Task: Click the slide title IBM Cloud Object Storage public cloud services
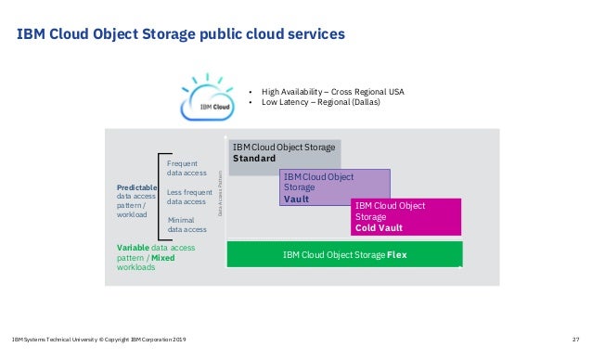pos(181,34)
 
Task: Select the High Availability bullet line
pos(332,92)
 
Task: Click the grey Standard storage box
pos(284,153)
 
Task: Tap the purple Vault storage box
pos(334,186)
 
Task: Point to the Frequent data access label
pos(187,168)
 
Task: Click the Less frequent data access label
pos(187,197)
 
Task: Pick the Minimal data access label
pos(187,225)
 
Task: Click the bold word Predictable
pos(137,187)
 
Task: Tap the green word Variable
pos(134,248)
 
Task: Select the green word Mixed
pos(162,257)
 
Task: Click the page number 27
pos(575,340)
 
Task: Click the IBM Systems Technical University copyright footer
pos(99,340)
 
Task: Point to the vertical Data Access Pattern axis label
pos(221,193)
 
